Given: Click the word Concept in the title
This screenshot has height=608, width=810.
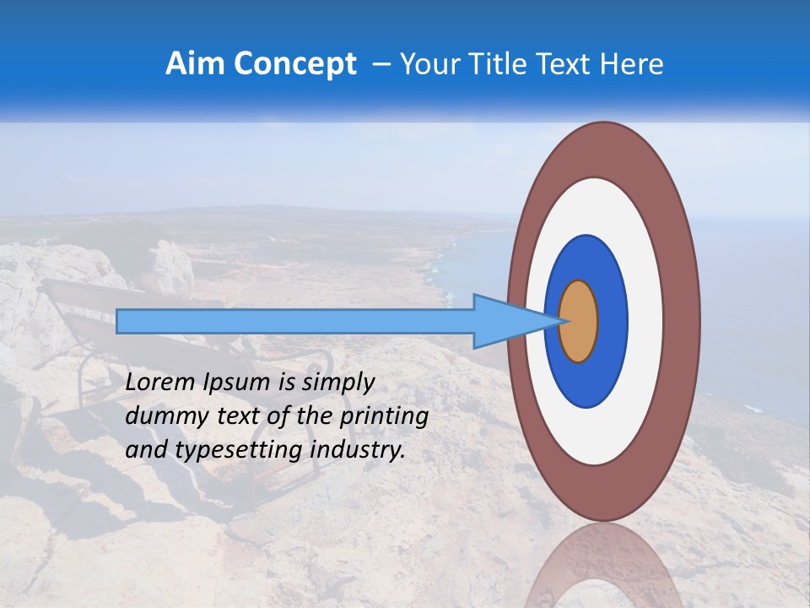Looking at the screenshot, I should [x=292, y=64].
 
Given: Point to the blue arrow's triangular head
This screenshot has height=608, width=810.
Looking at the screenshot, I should [x=506, y=322].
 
